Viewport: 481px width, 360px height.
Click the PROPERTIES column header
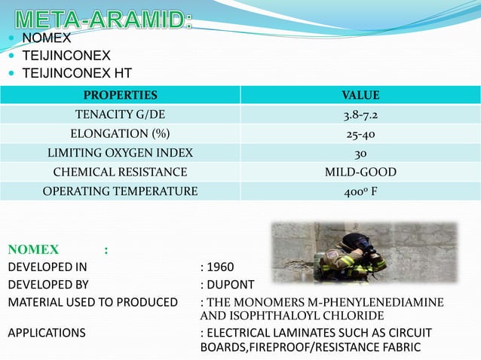tap(120, 95)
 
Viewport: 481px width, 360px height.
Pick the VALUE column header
tap(360, 95)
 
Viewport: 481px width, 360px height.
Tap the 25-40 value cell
tap(360, 134)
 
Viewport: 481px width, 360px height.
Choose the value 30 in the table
tap(360, 153)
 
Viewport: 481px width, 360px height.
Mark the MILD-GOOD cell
tap(360, 172)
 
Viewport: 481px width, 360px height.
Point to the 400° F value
tap(360, 191)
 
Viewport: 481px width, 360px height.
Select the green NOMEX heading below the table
tap(34, 249)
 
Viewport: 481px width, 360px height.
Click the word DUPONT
tap(230, 285)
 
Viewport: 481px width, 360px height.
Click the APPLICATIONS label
tap(47, 332)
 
